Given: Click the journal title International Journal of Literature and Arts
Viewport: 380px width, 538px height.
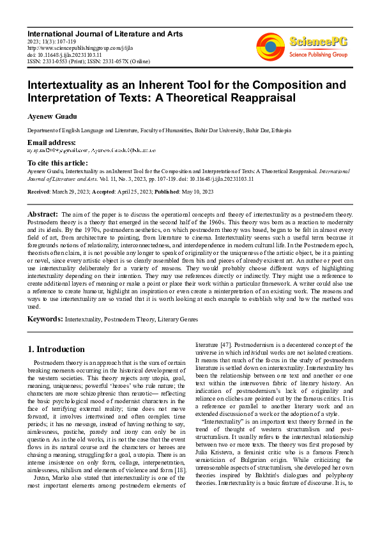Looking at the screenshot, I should (x=105, y=33).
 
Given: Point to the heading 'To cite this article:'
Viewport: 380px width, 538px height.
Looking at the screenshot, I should (x=58, y=164).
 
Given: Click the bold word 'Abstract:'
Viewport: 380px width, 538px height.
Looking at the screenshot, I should (x=43, y=213).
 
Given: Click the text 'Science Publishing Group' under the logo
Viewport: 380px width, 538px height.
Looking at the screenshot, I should (x=318, y=55).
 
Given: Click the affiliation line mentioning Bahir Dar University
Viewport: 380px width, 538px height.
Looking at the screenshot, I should (x=159, y=130).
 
